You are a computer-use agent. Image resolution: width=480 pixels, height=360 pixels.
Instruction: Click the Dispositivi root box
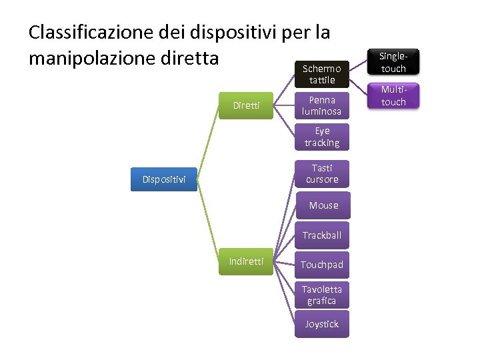(164, 179)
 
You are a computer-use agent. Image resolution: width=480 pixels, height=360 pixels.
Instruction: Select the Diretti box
(246, 105)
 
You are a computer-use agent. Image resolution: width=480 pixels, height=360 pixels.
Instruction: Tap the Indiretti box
(246, 261)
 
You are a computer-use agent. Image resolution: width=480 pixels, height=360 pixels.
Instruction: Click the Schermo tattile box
(322, 74)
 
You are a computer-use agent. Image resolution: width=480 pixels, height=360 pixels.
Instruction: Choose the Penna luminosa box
(322, 105)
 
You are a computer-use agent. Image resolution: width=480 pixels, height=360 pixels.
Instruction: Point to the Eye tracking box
(322, 137)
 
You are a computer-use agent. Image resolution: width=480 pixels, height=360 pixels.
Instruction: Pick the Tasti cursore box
(322, 173)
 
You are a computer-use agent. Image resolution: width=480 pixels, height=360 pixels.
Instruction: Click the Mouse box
(323, 205)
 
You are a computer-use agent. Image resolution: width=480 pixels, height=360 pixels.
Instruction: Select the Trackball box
(322, 235)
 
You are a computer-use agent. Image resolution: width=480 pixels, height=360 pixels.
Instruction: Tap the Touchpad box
(322, 265)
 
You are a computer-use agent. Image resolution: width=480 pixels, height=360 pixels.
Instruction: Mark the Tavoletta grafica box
(322, 295)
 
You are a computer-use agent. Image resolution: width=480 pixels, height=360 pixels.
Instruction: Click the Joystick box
(322, 324)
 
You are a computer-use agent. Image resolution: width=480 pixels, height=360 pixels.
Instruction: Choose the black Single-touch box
(393, 62)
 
